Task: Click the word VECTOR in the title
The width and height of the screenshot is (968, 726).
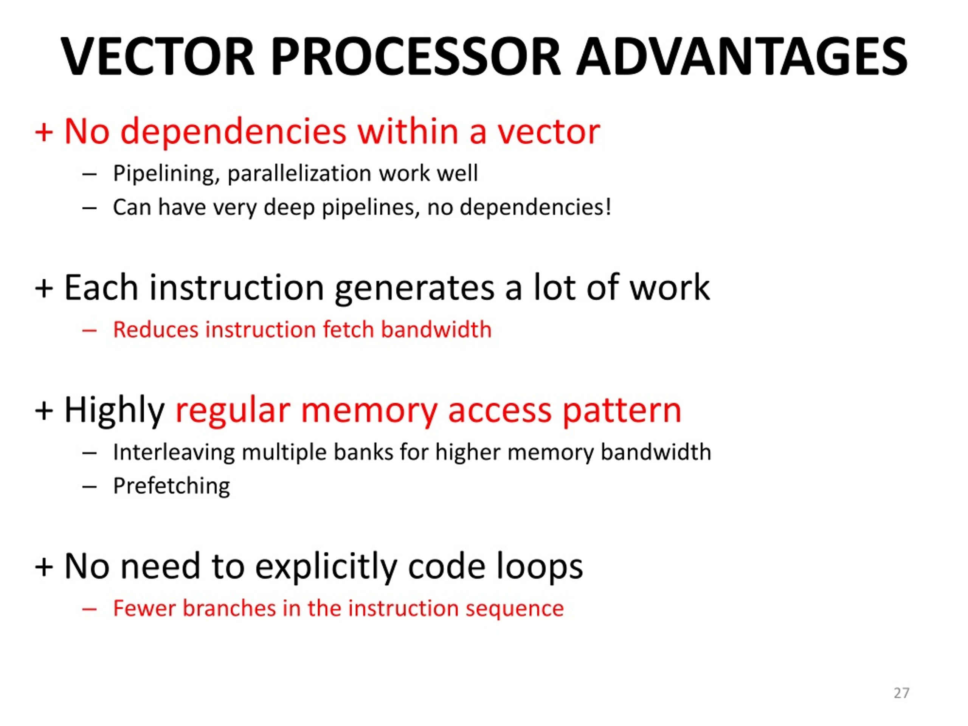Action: (x=158, y=57)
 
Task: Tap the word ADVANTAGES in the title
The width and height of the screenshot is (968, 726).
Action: (x=742, y=57)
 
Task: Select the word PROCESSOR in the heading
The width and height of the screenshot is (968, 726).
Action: (x=416, y=57)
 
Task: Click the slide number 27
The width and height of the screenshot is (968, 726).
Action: (x=901, y=693)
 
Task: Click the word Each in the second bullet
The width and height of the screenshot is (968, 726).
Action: (x=101, y=287)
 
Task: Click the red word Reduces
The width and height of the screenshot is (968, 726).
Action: (x=155, y=329)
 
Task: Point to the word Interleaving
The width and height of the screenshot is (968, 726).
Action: (x=174, y=452)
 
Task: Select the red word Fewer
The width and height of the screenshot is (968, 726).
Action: (x=144, y=608)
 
